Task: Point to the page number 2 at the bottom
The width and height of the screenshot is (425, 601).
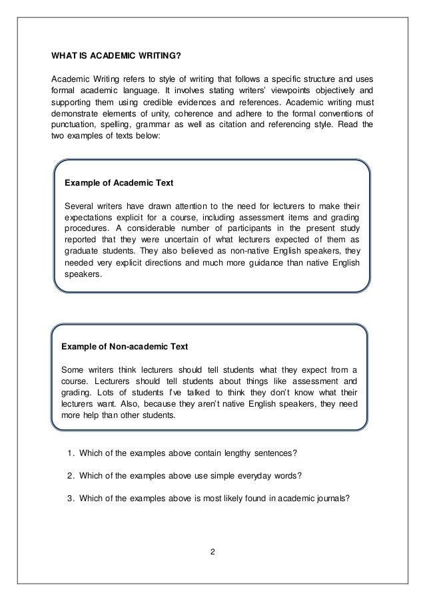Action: point(212,552)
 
